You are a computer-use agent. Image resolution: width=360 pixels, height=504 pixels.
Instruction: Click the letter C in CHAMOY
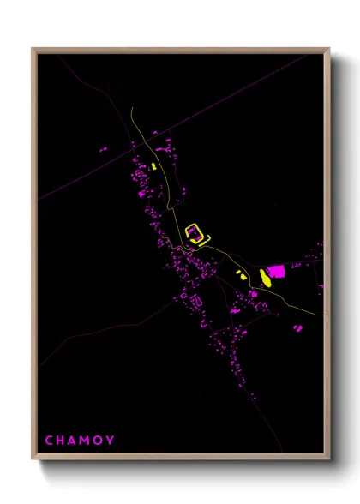[49, 441]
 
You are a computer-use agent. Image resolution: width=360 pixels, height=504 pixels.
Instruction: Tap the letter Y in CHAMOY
[110, 441]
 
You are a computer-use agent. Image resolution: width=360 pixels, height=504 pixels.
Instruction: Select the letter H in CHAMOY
[61, 441]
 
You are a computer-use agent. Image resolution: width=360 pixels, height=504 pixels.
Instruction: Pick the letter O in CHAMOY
[98, 441]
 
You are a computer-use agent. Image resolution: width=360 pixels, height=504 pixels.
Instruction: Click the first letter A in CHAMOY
[72, 441]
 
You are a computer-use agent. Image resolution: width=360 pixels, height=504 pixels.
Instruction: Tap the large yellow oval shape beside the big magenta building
[265, 276]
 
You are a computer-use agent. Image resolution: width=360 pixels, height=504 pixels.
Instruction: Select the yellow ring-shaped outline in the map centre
[196, 233]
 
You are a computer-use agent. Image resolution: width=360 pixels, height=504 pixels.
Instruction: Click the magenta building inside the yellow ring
[194, 231]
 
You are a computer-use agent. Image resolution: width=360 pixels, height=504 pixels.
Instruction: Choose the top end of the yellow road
[130, 109]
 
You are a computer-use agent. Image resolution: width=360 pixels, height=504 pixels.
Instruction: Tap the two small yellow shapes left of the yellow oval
[241, 275]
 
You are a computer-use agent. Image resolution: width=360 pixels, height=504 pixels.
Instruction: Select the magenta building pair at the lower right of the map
[297, 327]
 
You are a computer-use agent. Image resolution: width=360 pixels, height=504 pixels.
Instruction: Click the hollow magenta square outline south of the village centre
[195, 300]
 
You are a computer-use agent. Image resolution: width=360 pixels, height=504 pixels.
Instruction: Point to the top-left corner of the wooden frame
[33, 49]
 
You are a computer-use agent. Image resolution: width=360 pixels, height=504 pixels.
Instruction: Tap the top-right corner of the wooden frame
[328, 49]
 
